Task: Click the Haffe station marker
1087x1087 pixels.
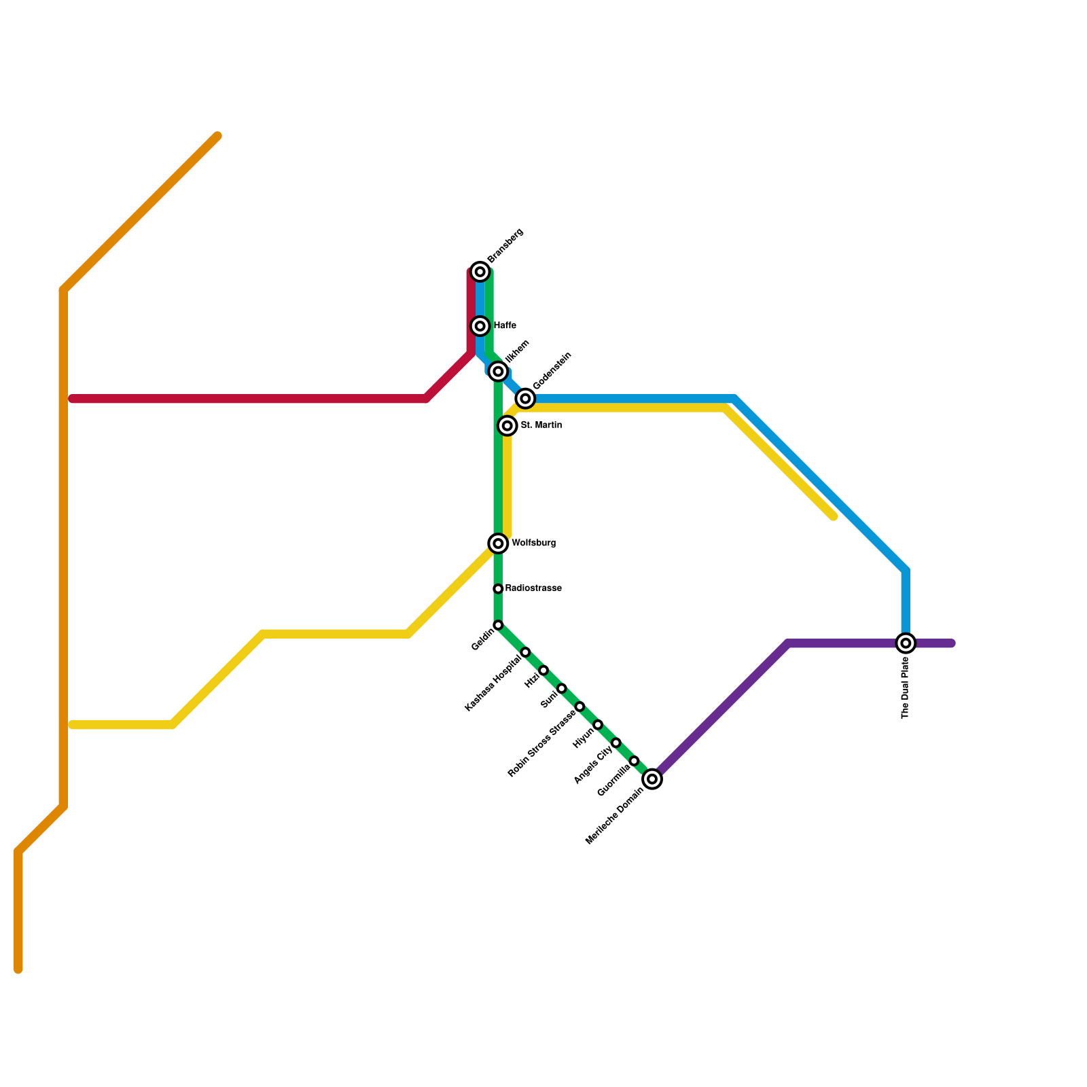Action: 480,326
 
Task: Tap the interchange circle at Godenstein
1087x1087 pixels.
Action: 525,399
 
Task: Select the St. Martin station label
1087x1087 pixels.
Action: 541,425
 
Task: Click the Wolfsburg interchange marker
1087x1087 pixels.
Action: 498,543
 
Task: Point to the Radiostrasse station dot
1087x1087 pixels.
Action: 498,589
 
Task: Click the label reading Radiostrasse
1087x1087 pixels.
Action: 533,588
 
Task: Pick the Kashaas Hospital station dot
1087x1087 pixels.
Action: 525,652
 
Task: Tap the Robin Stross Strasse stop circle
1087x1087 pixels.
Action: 580,707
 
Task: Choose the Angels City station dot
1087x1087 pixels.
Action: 616,743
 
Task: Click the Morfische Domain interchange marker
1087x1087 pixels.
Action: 652,779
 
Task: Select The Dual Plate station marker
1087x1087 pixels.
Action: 906,643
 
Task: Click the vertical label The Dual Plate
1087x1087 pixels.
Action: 905,688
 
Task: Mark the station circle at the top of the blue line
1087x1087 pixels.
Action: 480,272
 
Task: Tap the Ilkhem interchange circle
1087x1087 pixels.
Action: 498,371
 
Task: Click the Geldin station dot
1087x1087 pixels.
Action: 498,625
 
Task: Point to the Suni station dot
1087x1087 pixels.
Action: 562,689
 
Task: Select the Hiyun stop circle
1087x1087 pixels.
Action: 598,725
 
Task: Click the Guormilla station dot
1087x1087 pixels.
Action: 634,761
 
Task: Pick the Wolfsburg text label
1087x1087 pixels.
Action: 533,543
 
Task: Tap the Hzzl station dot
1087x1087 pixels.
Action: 543,671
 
